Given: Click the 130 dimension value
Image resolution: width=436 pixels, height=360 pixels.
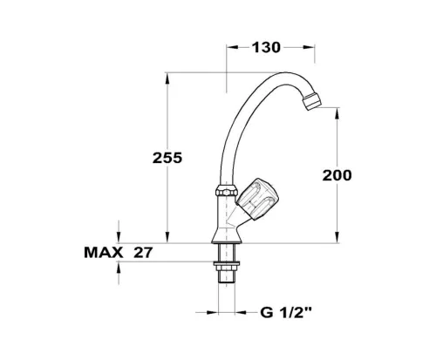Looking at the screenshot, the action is coord(266,48).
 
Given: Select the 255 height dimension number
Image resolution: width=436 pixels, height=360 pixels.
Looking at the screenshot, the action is coord(167,158).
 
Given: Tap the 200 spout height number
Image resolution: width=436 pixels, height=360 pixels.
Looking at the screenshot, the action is coord(337,175).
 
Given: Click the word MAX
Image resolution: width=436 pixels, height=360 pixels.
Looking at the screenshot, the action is coord(104,253).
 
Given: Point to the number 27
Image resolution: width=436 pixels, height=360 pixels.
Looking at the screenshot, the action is coord(143,253).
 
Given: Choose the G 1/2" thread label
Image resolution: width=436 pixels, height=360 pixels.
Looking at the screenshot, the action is coord(286,313).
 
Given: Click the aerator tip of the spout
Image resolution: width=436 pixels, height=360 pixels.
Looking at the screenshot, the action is coord(312,101).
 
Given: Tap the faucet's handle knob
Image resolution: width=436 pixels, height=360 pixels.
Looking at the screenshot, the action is coord(257,200).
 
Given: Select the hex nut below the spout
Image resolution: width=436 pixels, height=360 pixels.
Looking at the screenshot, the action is coord(227,192).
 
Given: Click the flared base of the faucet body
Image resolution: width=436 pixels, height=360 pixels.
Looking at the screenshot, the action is coord(227,235).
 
